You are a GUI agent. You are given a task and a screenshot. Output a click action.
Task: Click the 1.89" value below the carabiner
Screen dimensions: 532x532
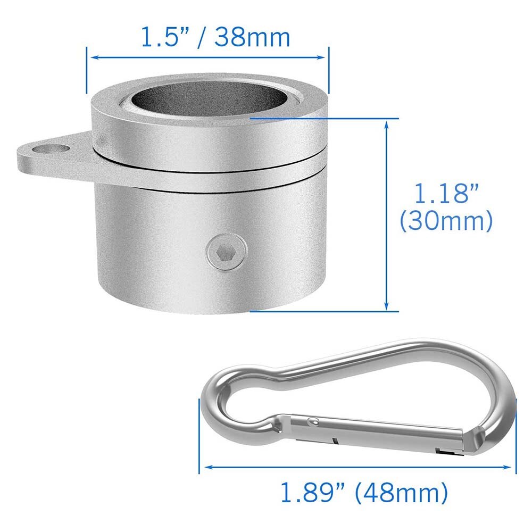pos(314,493)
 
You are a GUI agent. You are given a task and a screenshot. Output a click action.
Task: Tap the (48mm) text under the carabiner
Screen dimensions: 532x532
pos(402,493)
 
